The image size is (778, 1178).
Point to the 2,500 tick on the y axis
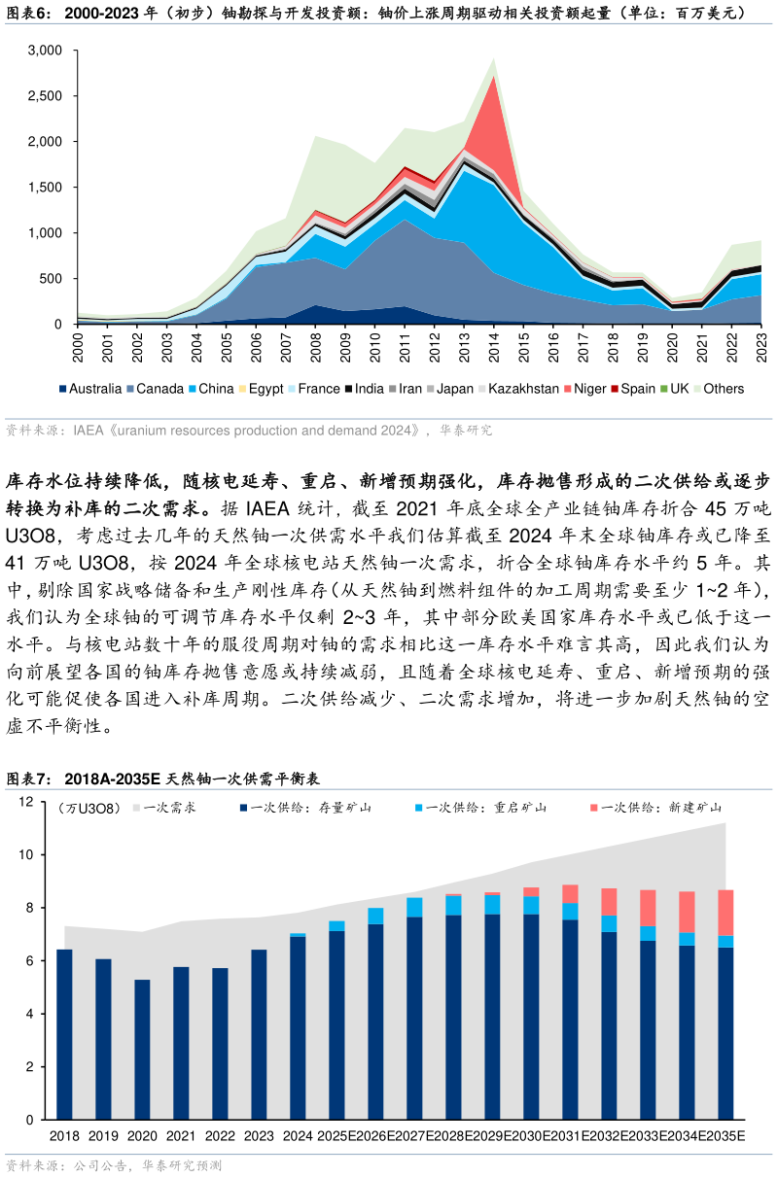[x=45, y=96]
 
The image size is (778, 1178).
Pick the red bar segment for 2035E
[x=725, y=913]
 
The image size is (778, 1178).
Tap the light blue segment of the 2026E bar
[x=375, y=916]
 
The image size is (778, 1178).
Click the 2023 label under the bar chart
[x=259, y=1136]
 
